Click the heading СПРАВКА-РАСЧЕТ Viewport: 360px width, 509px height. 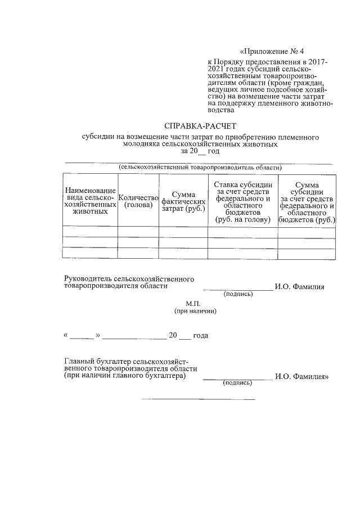coord(201,126)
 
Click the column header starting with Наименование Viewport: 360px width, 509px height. coord(90,201)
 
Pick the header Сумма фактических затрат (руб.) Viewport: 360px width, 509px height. coord(183,201)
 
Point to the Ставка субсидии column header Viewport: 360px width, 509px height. coord(242,201)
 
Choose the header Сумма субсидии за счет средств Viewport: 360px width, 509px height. coord(307,201)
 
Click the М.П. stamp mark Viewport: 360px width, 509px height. coord(201,303)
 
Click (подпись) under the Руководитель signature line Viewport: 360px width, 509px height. coord(238,294)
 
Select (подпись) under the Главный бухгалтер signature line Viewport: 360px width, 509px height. coord(238,382)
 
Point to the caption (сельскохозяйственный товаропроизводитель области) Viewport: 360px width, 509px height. coord(200,167)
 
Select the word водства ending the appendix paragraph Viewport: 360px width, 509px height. coord(220,111)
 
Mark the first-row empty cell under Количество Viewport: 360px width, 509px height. coord(138,231)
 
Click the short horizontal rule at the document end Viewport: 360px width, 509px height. coord(199,399)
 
